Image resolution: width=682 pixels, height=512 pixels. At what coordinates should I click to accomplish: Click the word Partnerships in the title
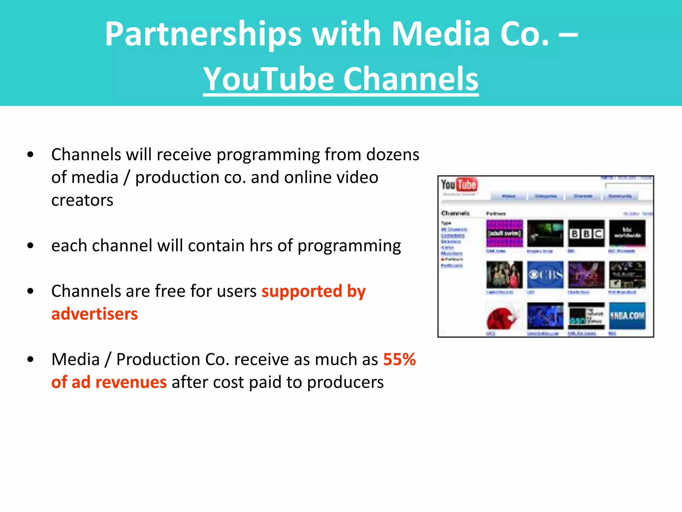(203, 34)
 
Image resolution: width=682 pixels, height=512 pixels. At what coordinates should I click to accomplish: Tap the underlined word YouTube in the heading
(268, 79)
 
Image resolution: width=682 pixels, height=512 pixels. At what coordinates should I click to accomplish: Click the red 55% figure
(399, 359)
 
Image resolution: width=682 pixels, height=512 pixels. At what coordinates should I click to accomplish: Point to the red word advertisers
(95, 314)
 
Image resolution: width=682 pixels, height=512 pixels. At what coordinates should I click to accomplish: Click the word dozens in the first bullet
(393, 155)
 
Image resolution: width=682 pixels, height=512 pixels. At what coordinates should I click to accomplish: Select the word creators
(82, 200)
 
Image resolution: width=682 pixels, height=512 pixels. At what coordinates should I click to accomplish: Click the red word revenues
(131, 382)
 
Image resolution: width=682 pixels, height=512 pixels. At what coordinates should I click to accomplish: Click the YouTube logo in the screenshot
(459, 185)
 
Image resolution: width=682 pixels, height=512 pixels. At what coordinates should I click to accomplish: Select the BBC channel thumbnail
(586, 233)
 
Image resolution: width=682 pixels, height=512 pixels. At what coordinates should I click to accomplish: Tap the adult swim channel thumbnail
(505, 233)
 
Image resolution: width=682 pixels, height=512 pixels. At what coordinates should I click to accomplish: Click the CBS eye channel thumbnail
(545, 275)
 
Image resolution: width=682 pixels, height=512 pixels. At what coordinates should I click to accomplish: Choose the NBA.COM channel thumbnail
(627, 316)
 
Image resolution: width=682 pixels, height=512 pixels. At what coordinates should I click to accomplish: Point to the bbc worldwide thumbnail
(627, 233)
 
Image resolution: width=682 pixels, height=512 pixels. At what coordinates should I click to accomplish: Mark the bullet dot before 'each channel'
(31, 246)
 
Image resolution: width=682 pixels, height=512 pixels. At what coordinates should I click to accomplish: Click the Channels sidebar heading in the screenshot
(455, 213)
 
